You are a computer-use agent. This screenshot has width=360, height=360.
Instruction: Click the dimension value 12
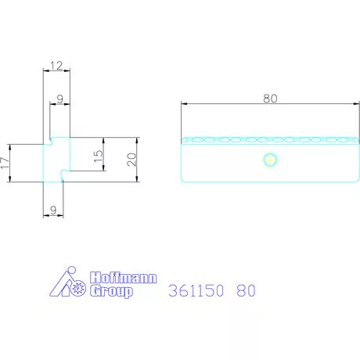56,66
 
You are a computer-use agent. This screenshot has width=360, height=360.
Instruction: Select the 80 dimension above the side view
270,99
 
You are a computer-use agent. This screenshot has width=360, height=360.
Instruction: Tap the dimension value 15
98,156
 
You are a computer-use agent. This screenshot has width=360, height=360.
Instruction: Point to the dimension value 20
131,160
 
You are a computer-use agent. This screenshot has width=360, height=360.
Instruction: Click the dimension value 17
5,163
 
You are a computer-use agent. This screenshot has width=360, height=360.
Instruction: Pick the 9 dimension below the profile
53,210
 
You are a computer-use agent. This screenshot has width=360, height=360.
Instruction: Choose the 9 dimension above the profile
60,99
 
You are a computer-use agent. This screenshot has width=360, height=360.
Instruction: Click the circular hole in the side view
270,160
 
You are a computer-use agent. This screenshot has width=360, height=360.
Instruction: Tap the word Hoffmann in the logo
124,278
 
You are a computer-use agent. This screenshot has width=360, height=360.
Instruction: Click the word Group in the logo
111,291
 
